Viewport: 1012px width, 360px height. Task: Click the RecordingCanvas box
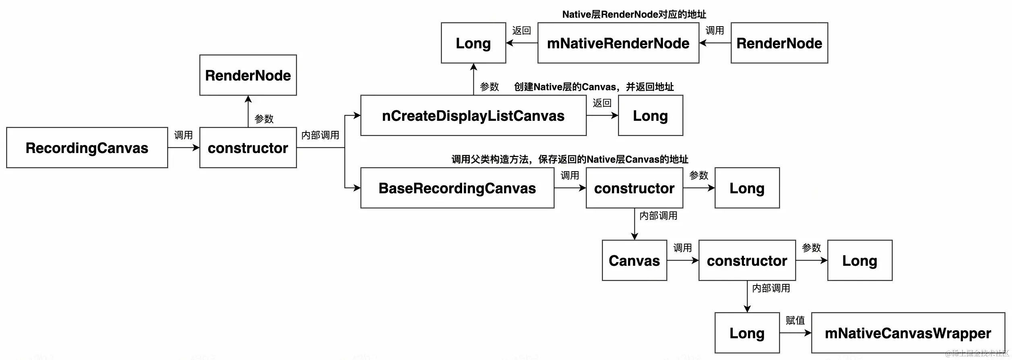pyautogui.click(x=87, y=148)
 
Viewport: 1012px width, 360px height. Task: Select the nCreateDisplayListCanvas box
pyautogui.click(x=473, y=116)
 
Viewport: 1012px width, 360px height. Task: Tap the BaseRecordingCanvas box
pyautogui.click(x=457, y=188)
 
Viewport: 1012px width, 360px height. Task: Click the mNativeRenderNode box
pyautogui.click(x=618, y=43)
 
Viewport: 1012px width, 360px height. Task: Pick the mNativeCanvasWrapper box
pyautogui.click(x=908, y=333)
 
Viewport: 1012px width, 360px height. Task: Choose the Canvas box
pyautogui.click(x=634, y=261)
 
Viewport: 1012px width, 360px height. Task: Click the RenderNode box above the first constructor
pyautogui.click(x=248, y=75)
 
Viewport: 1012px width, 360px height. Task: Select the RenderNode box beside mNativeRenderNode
pyautogui.click(x=779, y=43)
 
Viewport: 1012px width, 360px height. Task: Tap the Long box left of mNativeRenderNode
pyautogui.click(x=473, y=43)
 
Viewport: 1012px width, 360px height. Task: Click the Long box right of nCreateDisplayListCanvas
pyautogui.click(x=650, y=116)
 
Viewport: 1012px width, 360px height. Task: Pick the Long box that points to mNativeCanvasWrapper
pyautogui.click(x=747, y=333)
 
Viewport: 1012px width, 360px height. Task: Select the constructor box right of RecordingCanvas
pyautogui.click(x=248, y=148)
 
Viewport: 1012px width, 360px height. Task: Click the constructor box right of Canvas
pyautogui.click(x=747, y=261)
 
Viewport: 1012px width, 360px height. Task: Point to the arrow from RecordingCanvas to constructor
pyautogui.click(x=183, y=148)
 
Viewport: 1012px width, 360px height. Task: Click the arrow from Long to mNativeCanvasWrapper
pyautogui.click(x=795, y=333)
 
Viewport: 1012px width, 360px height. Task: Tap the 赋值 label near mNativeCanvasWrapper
pyautogui.click(x=795, y=321)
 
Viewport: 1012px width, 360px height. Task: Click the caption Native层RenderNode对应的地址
pyautogui.click(x=634, y=14)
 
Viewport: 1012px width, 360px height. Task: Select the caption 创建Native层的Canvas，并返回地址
pyautogui.click(x=594, y=87)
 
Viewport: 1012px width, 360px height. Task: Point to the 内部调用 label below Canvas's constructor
pyautogui.click(x=771, y=288)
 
